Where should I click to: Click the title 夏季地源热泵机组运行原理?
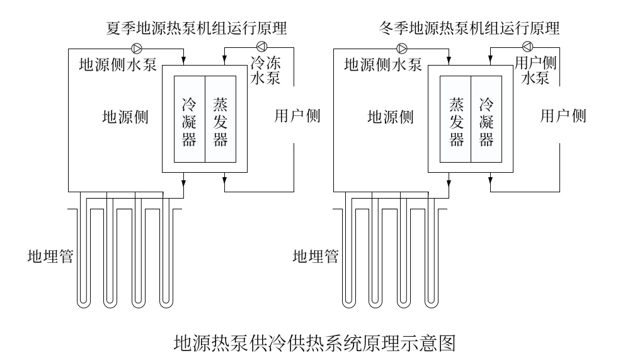(x=197, y=28)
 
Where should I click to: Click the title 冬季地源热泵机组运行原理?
(x=469, y=28)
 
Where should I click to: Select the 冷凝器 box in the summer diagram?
(x=189, y=120)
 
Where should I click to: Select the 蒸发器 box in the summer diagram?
(x=220, y=120)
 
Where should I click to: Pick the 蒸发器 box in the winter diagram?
(x=455, y=120)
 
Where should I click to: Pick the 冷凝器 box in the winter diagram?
(x=486, y=120)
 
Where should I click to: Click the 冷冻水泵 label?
(x=265, y=71)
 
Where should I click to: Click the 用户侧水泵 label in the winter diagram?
(x=535, y=70)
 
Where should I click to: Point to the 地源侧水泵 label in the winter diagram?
(x=383, y=64)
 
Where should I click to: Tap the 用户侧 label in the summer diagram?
(x=297, y=117)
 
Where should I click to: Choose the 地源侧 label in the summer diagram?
(x=125, y=117)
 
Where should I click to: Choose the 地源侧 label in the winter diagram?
(x=391, y=117)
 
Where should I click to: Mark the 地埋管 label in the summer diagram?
(x=50, y=257)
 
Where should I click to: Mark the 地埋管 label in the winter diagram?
(x=316, y=257)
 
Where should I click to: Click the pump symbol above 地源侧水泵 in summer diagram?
(x=137, y=47)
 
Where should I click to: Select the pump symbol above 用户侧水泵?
(x=527, y=45)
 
